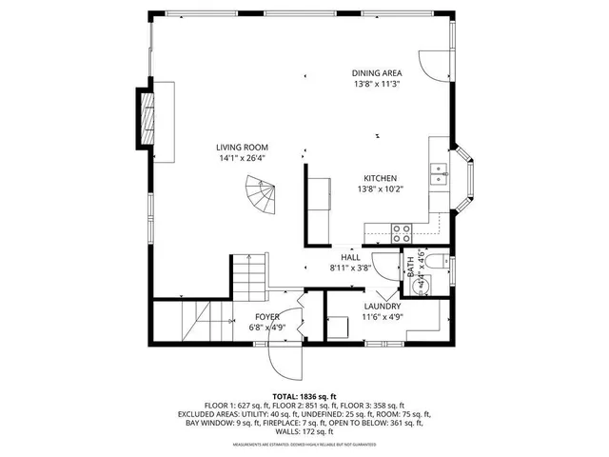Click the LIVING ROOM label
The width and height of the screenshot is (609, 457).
242,147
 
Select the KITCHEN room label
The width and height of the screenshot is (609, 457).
381,178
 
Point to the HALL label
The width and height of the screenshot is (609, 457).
350,257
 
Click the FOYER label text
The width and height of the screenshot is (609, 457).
266,316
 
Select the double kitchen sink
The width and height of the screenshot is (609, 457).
439,173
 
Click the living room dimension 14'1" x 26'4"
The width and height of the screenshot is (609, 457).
242,158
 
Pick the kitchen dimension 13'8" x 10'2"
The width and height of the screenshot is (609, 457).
381,189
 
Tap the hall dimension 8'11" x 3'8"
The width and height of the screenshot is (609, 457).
350,268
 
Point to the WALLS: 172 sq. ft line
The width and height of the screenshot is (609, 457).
304,433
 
